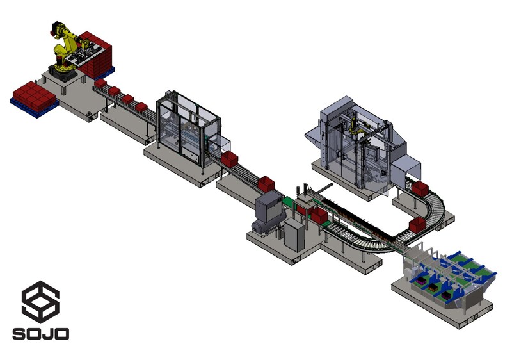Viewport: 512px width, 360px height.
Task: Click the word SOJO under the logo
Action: point(41,334)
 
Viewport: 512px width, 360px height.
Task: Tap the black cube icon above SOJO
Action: point(40,302)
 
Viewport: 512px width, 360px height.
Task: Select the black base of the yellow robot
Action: point(63,73)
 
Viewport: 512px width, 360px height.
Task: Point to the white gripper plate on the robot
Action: point(86,54)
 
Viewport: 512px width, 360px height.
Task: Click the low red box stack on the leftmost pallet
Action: point(34,96)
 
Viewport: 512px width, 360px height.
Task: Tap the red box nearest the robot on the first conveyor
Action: point(100,83)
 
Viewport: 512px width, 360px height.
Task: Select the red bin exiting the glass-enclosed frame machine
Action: point(229,159)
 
